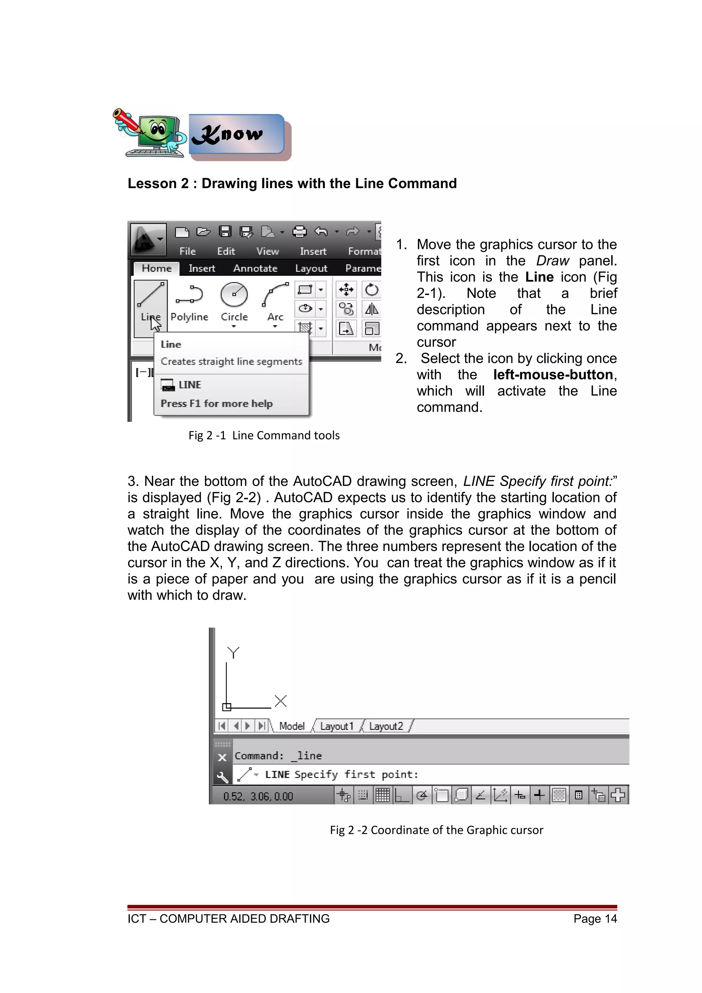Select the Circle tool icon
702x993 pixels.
click(x=234, y=295)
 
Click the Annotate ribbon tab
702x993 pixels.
click(x=255, y=268)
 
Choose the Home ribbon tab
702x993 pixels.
click(x=157, y=268)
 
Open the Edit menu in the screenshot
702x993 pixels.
click(x=226, y=251)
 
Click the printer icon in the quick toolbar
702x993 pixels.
click(x=299, y=232)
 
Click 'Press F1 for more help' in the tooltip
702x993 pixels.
click(x=217, y=404)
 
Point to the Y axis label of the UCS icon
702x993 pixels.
click(x=233, y=652)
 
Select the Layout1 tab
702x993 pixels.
click(x=337, y=726)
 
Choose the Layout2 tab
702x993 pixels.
click(x=386, y=726)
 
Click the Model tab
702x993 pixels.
click(x=291, y=726)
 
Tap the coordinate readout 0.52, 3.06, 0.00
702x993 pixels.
click(x=258, y=796)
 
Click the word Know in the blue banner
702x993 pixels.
click(x=228, y=135)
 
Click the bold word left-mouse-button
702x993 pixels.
click(x=553, y=375)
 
